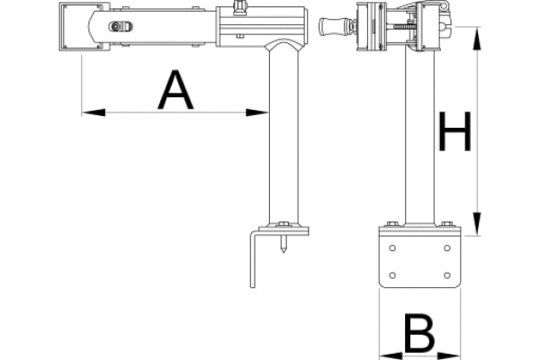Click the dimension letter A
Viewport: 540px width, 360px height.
(x=175, y=90)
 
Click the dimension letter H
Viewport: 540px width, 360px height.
(x=454, y=131)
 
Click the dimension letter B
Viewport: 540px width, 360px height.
(x=419, y=333)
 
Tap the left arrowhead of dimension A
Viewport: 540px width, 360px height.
(x=94, y=112)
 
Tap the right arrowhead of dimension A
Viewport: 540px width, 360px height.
(x=256, y=112)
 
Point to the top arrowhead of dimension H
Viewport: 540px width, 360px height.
(x=477, y=38)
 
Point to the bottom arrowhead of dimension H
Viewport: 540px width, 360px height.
(x=477, y=224)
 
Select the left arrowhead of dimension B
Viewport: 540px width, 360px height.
(x=391, y=355)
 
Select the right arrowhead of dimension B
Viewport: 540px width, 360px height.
(x=449, y=355)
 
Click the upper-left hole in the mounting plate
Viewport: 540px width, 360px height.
(x=391, y=248)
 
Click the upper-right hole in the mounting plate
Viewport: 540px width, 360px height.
(x=447, y=248)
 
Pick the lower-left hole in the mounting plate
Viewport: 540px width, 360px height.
(x=391, y=275)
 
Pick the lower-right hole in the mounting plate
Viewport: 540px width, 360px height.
(x=447, y=275)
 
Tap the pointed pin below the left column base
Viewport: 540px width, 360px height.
(x=283, y=244)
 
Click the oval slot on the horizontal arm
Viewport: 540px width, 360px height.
(x=121, y=26)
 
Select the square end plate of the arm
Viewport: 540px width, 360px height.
(x=80, y=26)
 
